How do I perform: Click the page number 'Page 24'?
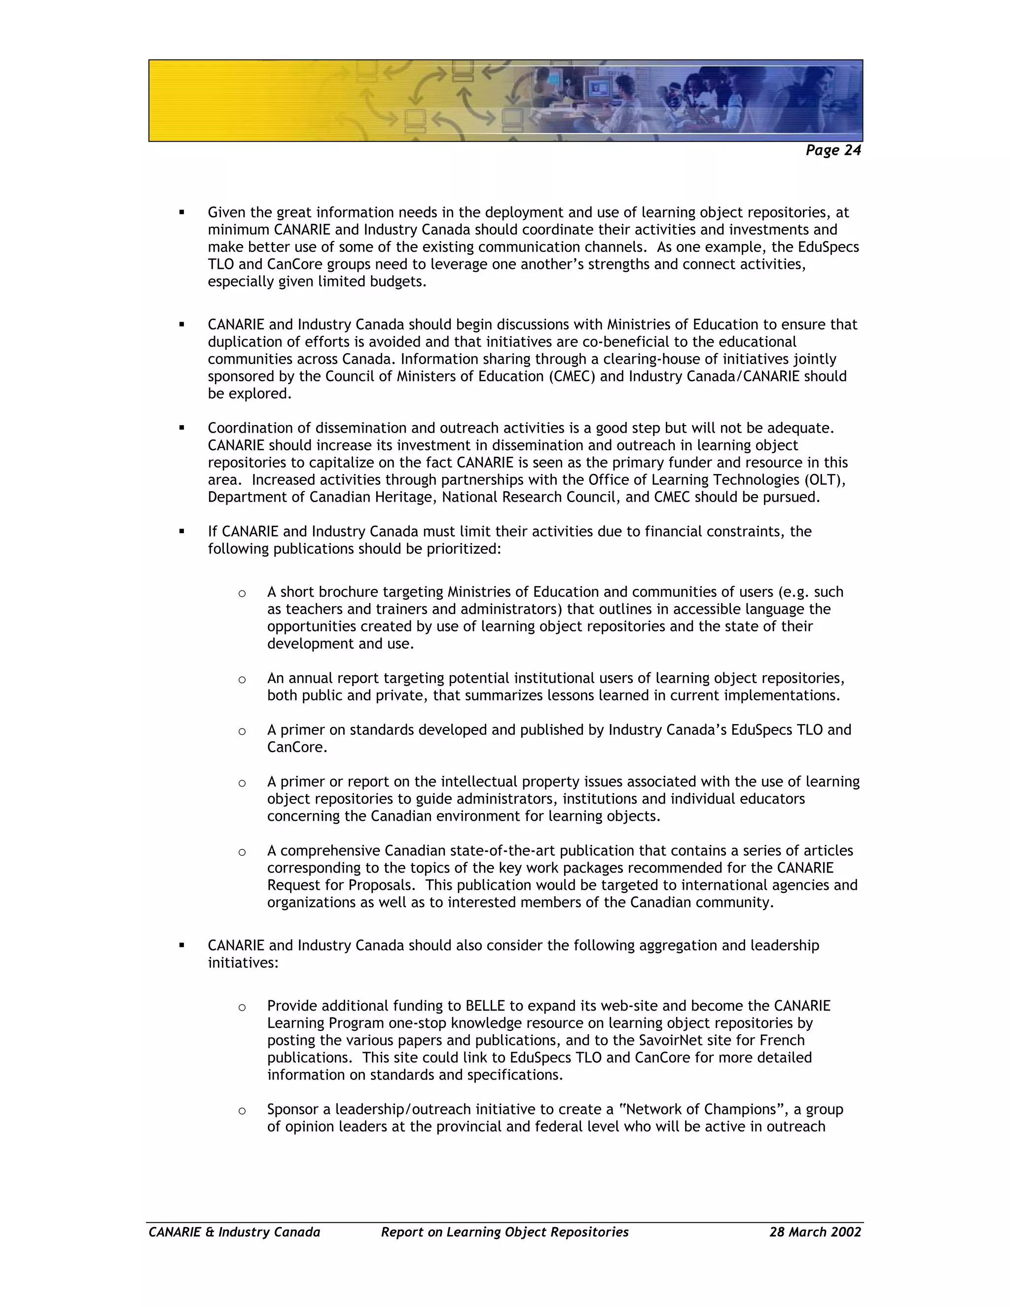(832, 150)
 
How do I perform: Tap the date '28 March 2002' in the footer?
(815, 1232)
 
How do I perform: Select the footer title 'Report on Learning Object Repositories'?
(505, 1232)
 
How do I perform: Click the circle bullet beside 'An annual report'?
(242, 679)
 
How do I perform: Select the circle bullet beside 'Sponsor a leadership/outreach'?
(242, 1111)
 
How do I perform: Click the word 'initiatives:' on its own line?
(243, 963)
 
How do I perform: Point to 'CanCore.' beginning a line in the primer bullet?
(297, 747)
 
